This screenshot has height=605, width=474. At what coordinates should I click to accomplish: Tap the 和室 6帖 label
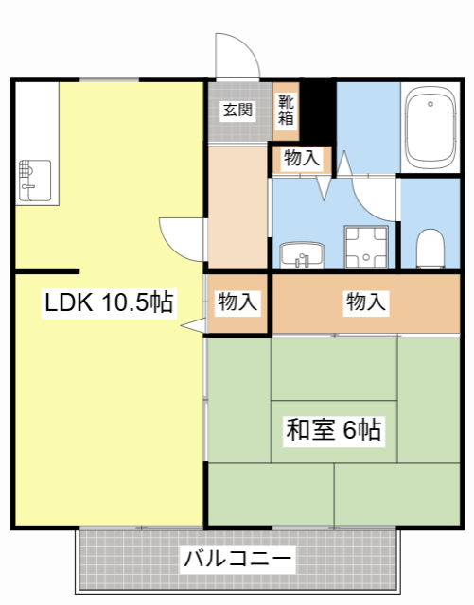334,430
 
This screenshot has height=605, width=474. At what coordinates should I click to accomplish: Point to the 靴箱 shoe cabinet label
286,110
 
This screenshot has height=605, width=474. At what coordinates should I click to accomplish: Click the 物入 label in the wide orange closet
366,302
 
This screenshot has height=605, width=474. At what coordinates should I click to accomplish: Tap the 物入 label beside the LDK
237,302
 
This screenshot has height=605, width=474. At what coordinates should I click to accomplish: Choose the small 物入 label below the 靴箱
302,158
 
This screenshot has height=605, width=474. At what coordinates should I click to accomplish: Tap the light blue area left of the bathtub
367,123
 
